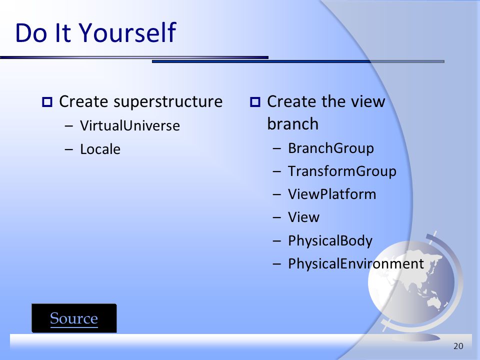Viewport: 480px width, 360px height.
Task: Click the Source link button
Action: pos(74,318)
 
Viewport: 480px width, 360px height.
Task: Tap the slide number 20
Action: pos(458,346)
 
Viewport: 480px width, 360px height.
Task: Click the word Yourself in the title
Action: pos(127,32)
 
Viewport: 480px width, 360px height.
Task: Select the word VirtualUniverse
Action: pos(130,125)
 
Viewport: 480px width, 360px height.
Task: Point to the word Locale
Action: pos(100,149)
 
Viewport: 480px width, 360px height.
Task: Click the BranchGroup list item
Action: pos(331,148)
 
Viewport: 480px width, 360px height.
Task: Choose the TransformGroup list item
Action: pos(342,171)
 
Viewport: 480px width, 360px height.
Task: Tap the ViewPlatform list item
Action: pos(332,194)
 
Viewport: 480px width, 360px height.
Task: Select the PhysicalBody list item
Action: pos(330,240)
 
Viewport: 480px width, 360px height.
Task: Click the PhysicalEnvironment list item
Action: pos(356,263)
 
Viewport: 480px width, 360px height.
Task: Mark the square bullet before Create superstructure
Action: pos(47,102)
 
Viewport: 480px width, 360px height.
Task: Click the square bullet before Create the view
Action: pos(255,102)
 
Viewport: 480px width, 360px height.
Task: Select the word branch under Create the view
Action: pos(292,123)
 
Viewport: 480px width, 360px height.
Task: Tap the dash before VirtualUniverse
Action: pos(69,125)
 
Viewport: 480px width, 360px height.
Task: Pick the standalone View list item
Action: pos(303,217)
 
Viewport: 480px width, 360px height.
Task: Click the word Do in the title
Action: pos(31,32)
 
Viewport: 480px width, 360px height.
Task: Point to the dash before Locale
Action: pos(69,149)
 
